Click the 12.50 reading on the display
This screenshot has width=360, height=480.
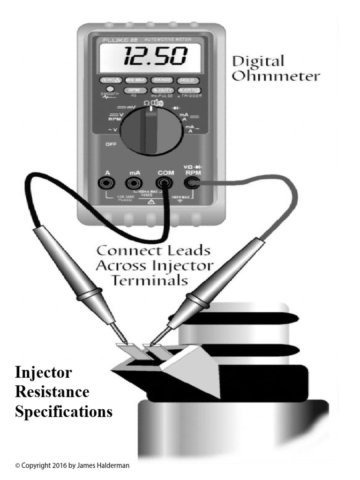[x=150, y=57]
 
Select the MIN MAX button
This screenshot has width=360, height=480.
[x=136, y=80]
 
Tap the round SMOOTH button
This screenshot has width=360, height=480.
[x=110, y=90]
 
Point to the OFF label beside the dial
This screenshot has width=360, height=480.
[x=111, y=144]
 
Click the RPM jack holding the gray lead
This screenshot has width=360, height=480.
[x=192, y=183]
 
